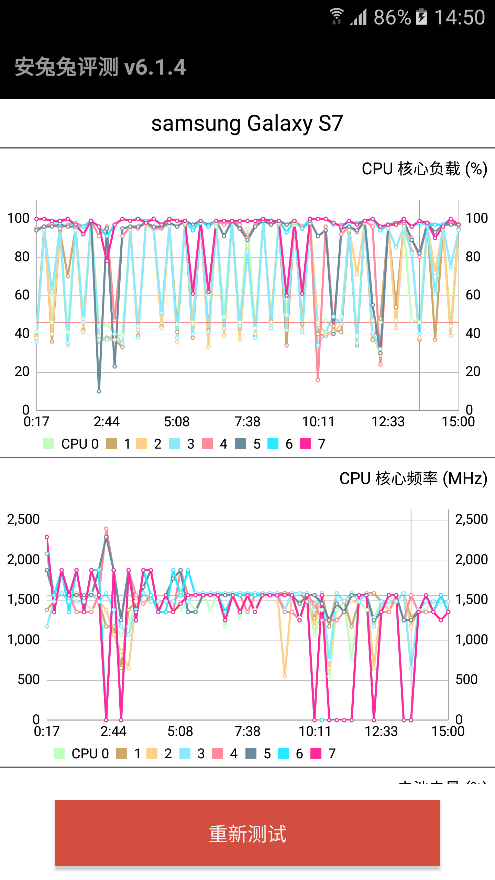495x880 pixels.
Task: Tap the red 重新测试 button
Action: click(247, 833)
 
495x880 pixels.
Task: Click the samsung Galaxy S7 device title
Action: click(247, 123)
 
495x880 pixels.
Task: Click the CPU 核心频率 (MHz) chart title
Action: click(413, 478)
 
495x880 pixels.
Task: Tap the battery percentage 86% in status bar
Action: click(392, 17)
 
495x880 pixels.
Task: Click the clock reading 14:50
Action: click(460, 17)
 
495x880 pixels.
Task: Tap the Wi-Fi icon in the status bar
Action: click(337, 16)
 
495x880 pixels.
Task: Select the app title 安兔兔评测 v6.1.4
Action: click(100, 67)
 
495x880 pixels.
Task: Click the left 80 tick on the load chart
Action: click(22, 257)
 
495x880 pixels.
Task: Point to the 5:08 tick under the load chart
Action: click(177, 422)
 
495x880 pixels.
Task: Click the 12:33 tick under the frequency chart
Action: click(381, 731)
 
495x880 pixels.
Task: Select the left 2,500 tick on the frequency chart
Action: click(23, 519)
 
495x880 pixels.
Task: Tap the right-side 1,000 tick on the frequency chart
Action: click(471, 640)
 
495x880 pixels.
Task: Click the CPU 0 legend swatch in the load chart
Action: click(49, 444)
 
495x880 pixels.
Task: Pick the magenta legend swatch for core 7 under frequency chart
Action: click(316, 753)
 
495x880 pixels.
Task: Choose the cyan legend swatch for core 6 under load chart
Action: click(273, 444)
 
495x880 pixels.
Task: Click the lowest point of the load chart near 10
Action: click(99, 391)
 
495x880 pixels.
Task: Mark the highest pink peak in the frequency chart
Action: click(106, 529)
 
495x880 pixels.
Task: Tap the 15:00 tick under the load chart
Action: click(458, 422)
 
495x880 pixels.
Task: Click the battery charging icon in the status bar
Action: click(421, 17)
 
